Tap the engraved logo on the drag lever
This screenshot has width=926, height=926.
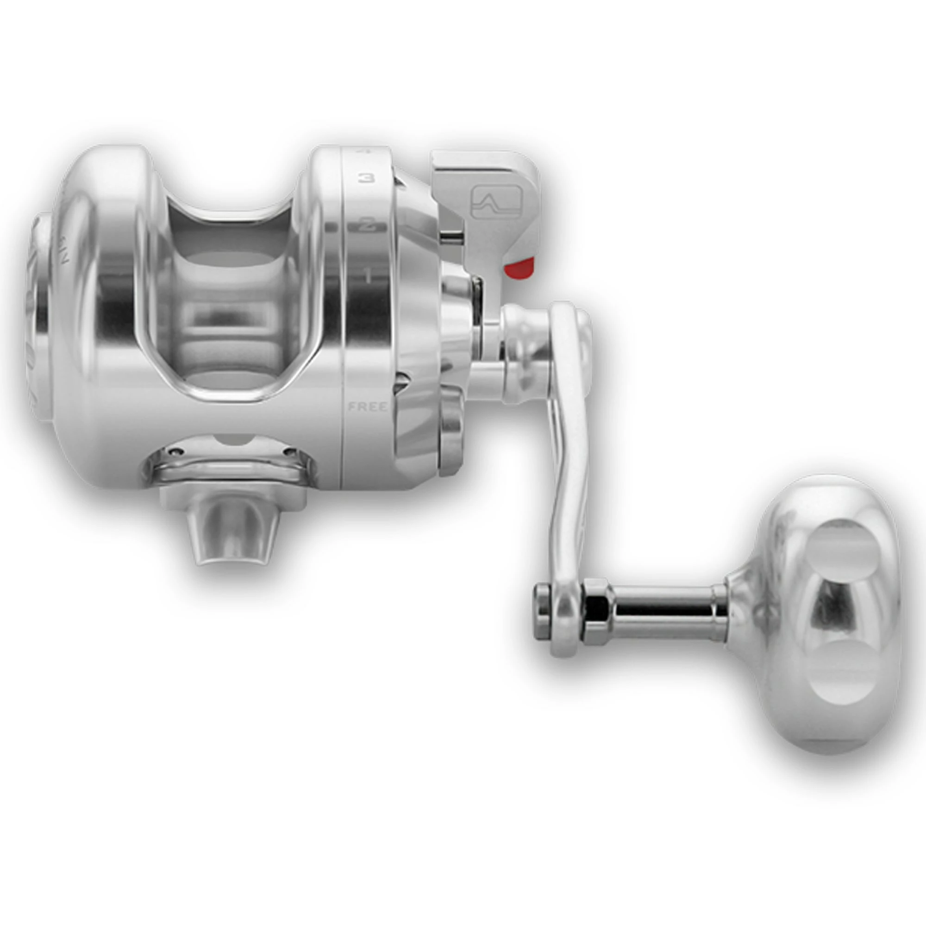pyautogui.click(x=496, y=202)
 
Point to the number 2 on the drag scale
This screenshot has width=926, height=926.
pyautogui.click(x=368, y=224)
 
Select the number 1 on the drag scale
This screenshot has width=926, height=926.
pyautogui.click(x=368, y=275)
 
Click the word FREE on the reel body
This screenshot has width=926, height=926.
pyautogui.click(x=368, y=407)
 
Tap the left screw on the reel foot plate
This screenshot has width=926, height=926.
pyautogui.click(x=179, y=451)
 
